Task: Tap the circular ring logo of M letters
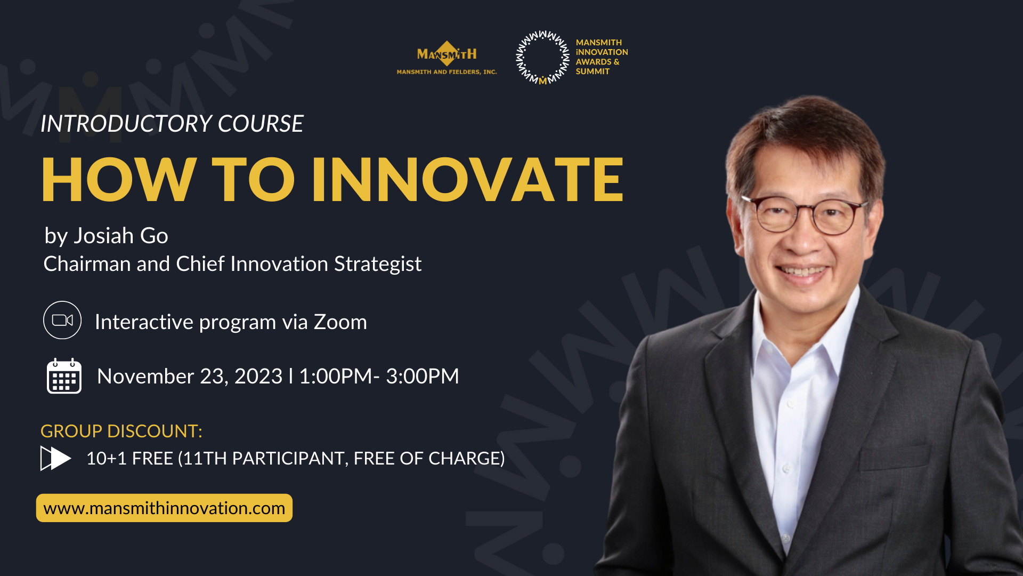pos(542,34)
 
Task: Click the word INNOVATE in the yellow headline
pos(467,179)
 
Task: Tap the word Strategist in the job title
pos(378,264)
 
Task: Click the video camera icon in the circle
pos(62,320)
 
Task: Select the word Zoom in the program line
pos(340,322)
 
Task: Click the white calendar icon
pos(64,376)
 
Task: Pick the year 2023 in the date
pos(258,377)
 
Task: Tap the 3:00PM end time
pos(422,377)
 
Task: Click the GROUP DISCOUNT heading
pos(121,431)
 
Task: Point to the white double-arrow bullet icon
pos(55,458)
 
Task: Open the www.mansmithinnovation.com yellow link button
pos(164,508)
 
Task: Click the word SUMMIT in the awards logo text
pos(592,71)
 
